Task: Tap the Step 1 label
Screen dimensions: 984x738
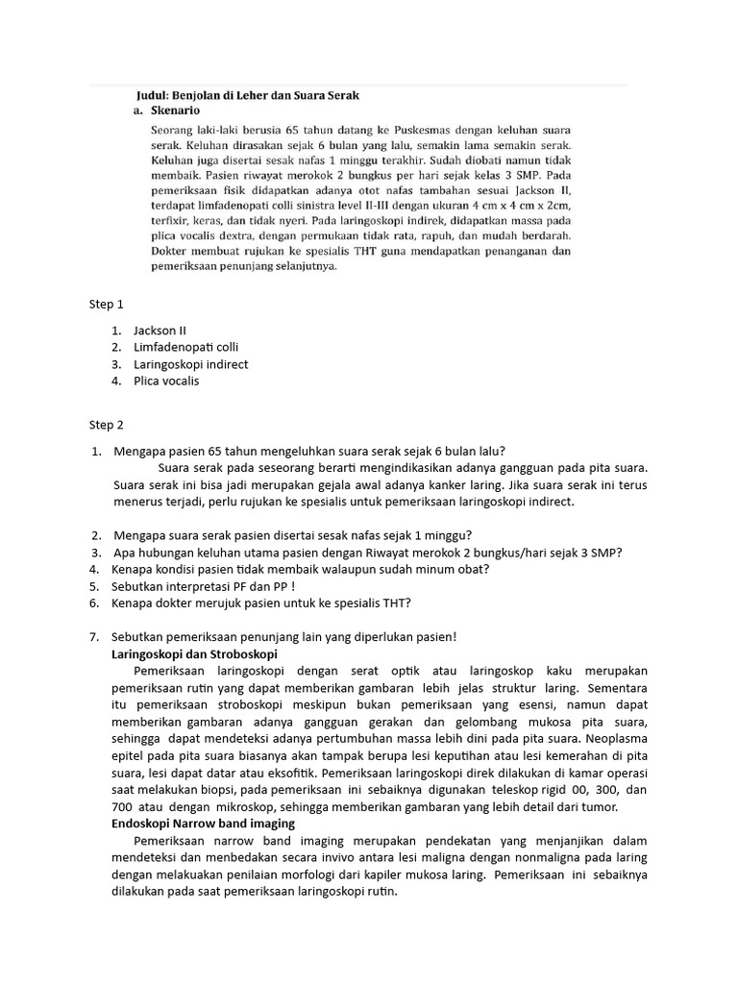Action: (x=106, y=305)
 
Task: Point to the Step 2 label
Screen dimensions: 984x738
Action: (x=106, y=425)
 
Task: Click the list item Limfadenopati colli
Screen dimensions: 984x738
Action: (x=186, y=347)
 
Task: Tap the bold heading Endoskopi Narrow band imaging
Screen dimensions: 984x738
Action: (x=204, y=824)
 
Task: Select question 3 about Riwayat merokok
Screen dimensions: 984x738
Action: (x=367, y=552)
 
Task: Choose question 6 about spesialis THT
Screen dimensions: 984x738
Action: (x=262, y=603)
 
